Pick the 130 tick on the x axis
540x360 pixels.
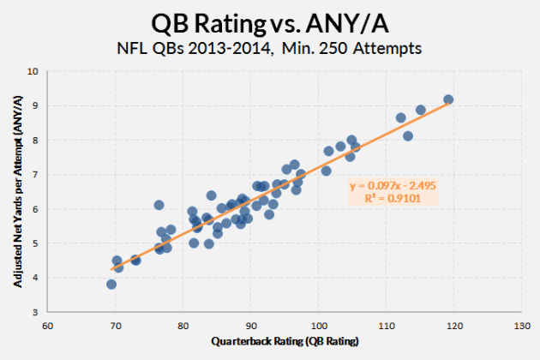click(x=520, y=326)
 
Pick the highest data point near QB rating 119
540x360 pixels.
click(x=448, y=99)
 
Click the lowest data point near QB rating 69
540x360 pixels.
click(x=111, y=284)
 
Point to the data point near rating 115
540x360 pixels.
click(x=421, y=110)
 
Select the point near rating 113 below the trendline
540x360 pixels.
click(x=408, y=135)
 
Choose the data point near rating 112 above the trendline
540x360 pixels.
click(x=400, y=117)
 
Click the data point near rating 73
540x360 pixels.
click(x=135, y=260)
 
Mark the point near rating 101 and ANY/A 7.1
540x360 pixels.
click(x=326, y=171)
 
